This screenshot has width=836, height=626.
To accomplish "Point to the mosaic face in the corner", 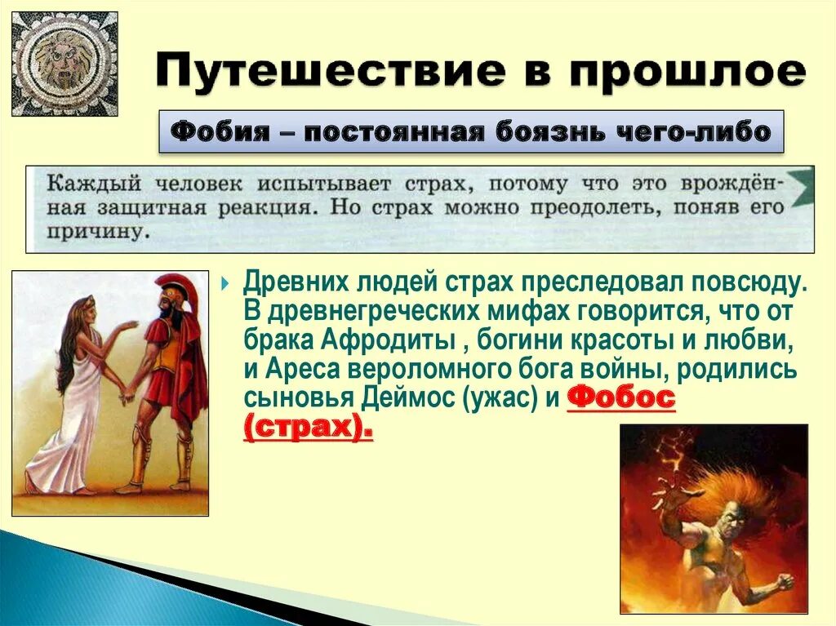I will pos(64,63).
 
